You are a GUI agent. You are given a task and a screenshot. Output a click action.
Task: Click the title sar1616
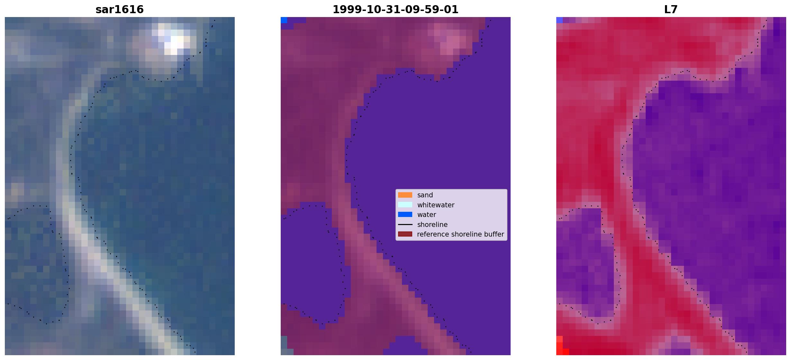tap(120, 9)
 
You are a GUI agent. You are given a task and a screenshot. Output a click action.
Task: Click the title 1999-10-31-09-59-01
tap(395, 9)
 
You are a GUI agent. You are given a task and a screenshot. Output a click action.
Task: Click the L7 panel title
tap(671, 9)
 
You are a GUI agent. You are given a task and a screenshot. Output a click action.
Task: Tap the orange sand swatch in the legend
tap(405, 195)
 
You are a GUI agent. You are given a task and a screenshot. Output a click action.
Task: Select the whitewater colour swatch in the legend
tap(405, 205)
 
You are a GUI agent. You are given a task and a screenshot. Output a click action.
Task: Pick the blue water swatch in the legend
tap(405, 214)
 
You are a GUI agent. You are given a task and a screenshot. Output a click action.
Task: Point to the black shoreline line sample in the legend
tap(405, 224)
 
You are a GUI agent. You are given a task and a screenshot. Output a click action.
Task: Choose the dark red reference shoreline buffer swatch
tap(405, 234)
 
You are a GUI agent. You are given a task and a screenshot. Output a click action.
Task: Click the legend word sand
tap(425, 195)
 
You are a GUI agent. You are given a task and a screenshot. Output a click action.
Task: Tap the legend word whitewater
tap(436, 205)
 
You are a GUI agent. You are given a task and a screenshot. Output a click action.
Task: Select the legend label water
tap(427, 215)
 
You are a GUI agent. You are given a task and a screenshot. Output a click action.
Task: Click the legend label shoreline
tap(432, 225)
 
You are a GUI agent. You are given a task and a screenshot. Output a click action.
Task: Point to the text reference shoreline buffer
tap(460, 234)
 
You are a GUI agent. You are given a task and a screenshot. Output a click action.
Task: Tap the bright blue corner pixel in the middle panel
tap(284, 20)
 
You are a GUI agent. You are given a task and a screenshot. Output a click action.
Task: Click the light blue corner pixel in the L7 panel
tap(559, 20)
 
